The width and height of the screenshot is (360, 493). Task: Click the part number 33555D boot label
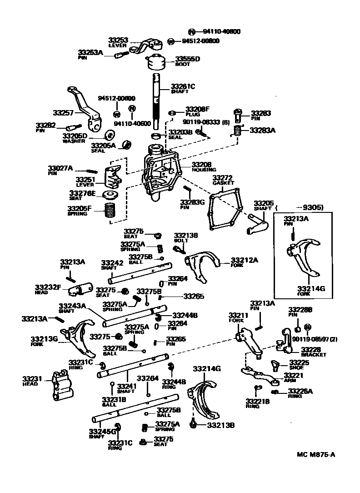tap(188, 59)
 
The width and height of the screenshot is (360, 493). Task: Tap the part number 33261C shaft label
tap(183, 86)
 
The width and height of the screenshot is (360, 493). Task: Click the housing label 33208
tap(201, 164)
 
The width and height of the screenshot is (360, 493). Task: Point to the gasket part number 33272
tap(223, 177)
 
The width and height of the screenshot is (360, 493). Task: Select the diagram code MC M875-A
tap(316, 455)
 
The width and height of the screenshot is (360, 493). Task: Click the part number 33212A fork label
tap(244, 260)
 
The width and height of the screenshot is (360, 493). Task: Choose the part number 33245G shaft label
tap(102, 431)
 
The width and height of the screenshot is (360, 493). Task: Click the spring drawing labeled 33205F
tap(110, 212)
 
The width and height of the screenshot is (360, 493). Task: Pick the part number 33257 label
tap(63, 112)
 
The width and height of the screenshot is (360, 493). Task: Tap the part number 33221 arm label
tap(294, 375)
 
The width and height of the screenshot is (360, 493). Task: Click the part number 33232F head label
tap(48, 287)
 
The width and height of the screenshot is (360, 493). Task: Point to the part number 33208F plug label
tap(197, 110)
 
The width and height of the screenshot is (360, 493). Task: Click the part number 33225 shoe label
tap(299, 362)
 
